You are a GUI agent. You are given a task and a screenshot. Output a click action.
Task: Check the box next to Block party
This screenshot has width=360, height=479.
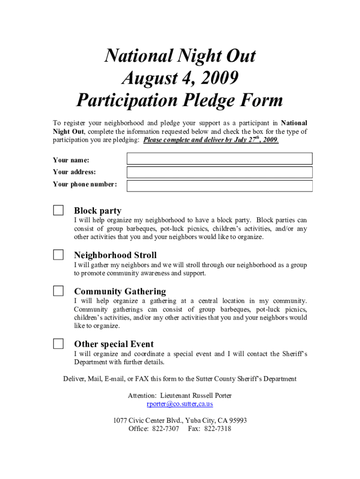click(x=58, y=210)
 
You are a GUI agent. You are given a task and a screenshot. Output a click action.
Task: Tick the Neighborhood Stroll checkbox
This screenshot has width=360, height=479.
click(x=58, y=254)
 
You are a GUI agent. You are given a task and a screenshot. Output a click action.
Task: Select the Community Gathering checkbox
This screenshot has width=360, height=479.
click(x=58, y=291)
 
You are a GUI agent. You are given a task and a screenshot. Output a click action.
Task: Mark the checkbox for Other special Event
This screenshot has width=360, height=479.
click(x=58, y=344)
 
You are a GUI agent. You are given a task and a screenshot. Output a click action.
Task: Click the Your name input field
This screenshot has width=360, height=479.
click(x=219, y=159)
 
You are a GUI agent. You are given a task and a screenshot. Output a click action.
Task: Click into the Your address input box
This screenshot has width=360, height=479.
click(x=219, y=172)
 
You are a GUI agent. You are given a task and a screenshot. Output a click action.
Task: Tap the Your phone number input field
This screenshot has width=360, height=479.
click(x=219, y=186)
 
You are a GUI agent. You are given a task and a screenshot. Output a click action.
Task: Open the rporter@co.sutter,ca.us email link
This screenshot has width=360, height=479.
click(x=180, y=404)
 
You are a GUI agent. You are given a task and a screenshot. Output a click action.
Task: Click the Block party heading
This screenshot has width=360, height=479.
click(x=97, y=211)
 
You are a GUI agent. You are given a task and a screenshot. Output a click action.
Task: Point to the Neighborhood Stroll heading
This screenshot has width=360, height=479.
click(x=115, y=255)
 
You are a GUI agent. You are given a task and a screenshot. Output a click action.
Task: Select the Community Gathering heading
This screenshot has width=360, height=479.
click(x=120, y=291)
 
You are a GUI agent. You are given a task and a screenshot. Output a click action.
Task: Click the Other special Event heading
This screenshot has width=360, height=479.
click(x=114, y=344)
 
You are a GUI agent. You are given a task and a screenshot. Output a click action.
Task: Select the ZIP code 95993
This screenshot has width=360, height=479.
click(x=237, y=421)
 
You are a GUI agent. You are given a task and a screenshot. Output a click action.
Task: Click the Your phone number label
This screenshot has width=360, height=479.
click(x=85, y=184)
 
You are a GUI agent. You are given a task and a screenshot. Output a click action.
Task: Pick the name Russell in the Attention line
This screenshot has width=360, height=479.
click(x=202, y=396)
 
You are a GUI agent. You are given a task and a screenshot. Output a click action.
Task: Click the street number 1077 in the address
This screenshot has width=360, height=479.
click(x=121, y=421)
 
